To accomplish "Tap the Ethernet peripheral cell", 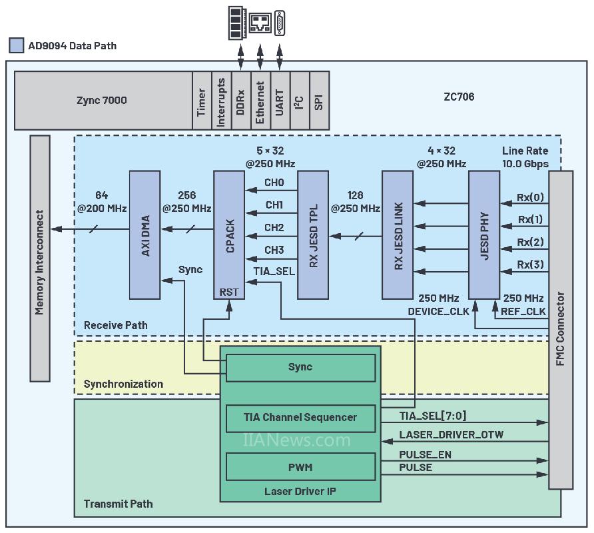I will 260,101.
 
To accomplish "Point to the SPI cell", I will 319,101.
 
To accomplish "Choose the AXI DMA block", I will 145,235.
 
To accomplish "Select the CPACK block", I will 229,235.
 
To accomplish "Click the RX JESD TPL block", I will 314,235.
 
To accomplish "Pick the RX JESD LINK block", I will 398,235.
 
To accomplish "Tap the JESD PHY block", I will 483,235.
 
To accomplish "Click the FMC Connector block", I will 560,330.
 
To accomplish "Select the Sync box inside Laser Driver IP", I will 300,367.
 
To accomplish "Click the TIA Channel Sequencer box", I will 300,418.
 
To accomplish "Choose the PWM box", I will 300,467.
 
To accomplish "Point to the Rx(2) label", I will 530,242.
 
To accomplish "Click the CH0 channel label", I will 274,183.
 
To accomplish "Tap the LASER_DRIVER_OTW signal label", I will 451,435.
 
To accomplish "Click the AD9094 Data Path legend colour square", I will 17,46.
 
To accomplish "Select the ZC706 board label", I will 459,97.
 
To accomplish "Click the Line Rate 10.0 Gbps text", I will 525,157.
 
